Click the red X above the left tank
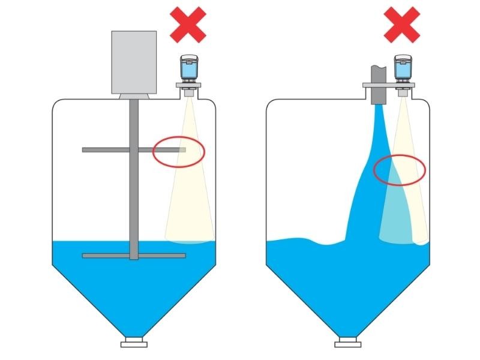[x=188, y=25]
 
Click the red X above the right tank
[x=402, y=25]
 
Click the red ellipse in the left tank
[x=179, y=152]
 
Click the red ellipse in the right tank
[x=400, y=169]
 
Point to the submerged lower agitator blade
[x=108, y=256]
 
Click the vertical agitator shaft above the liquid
[x=134, y=192]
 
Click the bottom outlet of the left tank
[x=134, y=343]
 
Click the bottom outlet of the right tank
[x=348, y=343]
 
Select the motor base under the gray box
[x=134, y=96]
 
